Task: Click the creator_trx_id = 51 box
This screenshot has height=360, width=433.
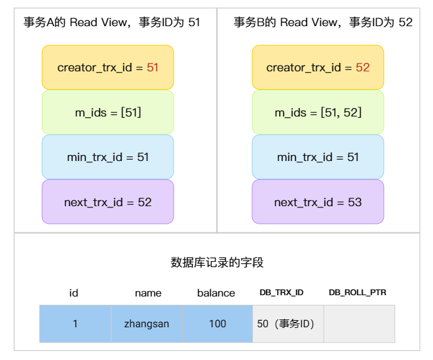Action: click(x=107, y=67)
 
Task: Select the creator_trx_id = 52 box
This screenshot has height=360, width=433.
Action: click(x=318, y=67)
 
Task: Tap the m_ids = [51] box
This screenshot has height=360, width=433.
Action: click(x=107, y=113)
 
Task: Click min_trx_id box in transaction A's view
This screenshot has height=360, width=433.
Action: click(x=107, y=157)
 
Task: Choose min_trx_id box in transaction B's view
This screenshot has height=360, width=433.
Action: click(x=318, y=157)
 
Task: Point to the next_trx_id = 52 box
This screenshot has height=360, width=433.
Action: click(x=107, y=202)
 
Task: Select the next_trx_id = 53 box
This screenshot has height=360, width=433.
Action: click(x=318, y=202)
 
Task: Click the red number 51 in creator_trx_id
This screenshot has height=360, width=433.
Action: click(x=152, y=67)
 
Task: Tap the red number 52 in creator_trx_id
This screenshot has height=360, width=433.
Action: click(x=362, y=67)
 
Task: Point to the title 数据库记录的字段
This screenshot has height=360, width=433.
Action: click(x=217, y=263)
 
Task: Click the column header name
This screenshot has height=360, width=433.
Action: click(x=147, y=293)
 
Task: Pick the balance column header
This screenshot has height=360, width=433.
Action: click(x=216, y=293)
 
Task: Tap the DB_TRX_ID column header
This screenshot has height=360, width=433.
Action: click(x=282, y=293)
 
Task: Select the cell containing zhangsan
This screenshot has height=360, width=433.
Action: click(x=146, y=323)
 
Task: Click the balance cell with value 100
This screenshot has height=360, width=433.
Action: click(x=217, y=323)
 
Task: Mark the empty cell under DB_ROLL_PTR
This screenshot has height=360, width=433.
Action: click(x=359, y=323)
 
